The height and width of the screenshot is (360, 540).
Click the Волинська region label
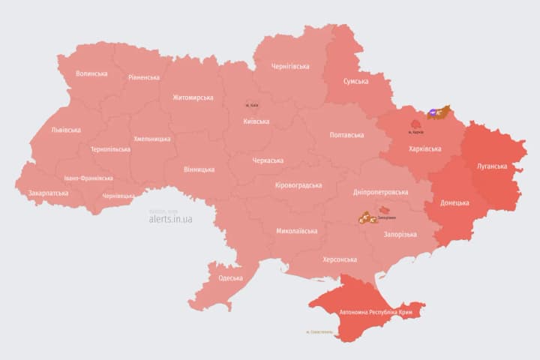click(x=91, y=73)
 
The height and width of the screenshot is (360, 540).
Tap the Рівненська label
click(x=143, y=77)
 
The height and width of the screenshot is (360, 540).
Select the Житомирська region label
click(x=193, y=97)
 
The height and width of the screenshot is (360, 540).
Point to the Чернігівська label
click(x=290, y=66)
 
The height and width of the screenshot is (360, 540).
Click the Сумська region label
click(x=355, y=81)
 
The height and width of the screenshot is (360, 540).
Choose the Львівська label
click(x=65, y=130)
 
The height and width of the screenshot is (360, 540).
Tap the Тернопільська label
click(x=110, y=149)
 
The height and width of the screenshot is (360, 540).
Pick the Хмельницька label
click(x=152, y=139)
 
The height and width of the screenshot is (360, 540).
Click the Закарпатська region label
click(x=48, y=193)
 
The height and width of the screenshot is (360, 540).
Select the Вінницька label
click(x=199, y=169)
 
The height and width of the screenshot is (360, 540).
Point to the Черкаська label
click(x=268, y=160)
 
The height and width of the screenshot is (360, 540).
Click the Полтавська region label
click(x=346, y=135)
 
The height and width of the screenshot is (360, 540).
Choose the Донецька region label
click(x=454, y=202)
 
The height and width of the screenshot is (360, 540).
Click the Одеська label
click(x=230, y=278)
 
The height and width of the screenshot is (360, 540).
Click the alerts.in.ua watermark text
click(x=170, y=219)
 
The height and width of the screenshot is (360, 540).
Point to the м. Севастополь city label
click(x=322, y=331)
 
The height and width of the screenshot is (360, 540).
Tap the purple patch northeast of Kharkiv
click(x=433, y=114)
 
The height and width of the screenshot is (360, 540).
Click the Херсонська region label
click(x=339, y=259)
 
